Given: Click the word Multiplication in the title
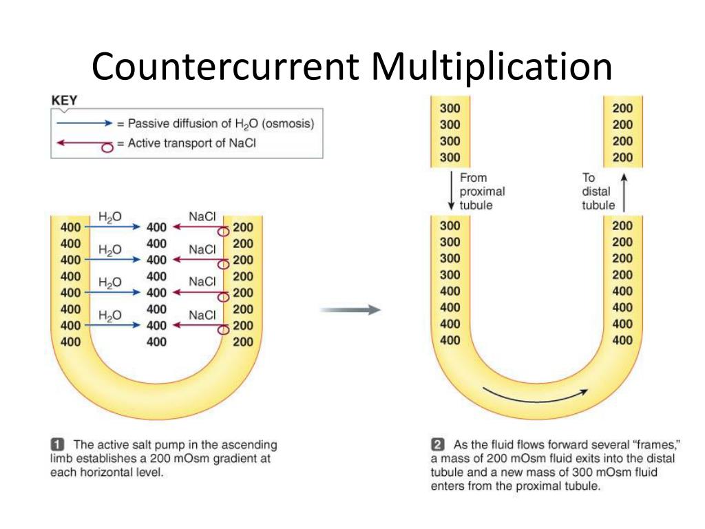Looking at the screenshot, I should click(491, 67).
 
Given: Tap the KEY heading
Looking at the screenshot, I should click(65, 101).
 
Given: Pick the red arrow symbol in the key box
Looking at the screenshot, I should click(84, 144).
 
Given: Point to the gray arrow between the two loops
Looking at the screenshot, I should click(350, 310).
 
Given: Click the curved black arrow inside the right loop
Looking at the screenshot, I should click(535, 396).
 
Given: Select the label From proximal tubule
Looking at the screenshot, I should click(481, 191).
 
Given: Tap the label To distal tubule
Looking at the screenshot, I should click(598, 191).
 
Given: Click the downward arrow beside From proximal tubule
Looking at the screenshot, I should click(451, 191).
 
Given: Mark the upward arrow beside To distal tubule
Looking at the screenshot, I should click(624, 191).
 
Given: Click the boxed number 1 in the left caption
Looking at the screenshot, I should click(58, 444).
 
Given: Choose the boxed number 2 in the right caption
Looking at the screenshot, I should click(438, 444).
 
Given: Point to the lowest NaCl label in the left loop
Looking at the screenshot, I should click(202, 315).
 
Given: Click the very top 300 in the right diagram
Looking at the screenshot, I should click(450, 108).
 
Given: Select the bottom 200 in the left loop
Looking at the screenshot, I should click(243, 342).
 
